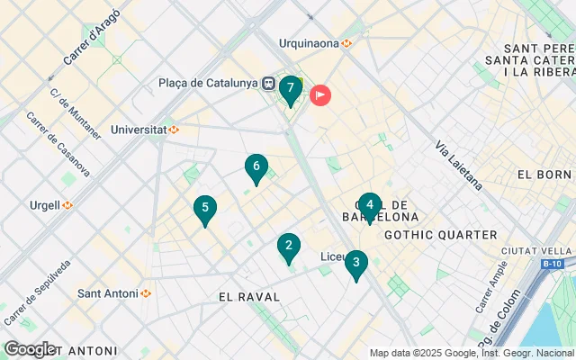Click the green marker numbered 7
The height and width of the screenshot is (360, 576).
point(290,89)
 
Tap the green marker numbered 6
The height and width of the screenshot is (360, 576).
point(256,167)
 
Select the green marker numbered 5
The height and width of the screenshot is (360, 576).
point(205,209)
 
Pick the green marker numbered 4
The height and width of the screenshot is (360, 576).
point(369,205)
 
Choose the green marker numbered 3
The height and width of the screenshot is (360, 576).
point(356,264)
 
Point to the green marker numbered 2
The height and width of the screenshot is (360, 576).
point(288,246)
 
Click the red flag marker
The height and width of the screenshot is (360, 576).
point(320,94)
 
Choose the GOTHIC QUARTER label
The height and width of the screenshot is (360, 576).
point(440,235)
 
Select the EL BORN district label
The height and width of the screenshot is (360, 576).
point(544,174)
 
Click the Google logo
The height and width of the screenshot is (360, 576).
point(29,349)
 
